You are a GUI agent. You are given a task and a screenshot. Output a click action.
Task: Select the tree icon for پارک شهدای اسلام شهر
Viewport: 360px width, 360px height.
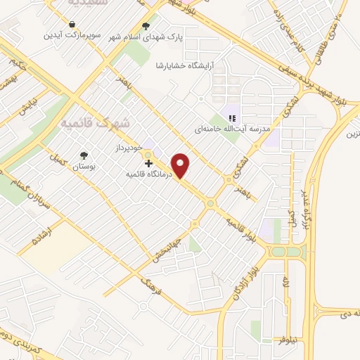[146, 27]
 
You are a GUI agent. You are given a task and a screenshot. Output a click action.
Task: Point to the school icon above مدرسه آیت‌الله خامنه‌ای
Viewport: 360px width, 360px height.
[232, 118]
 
